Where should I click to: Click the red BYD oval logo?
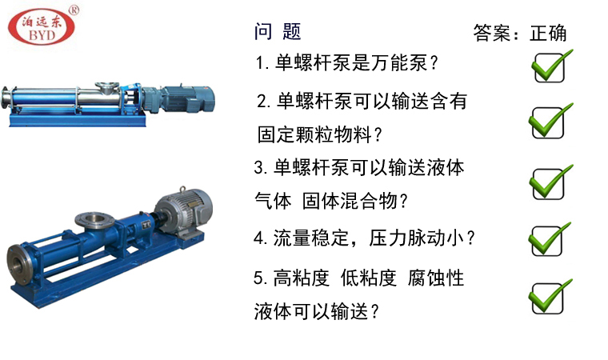click(42, 27)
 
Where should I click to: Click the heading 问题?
click(278, 31)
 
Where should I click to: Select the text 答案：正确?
click(519, 33)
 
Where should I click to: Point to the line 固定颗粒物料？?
click(319, 134)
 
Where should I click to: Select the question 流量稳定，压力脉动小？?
click(365, 238)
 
